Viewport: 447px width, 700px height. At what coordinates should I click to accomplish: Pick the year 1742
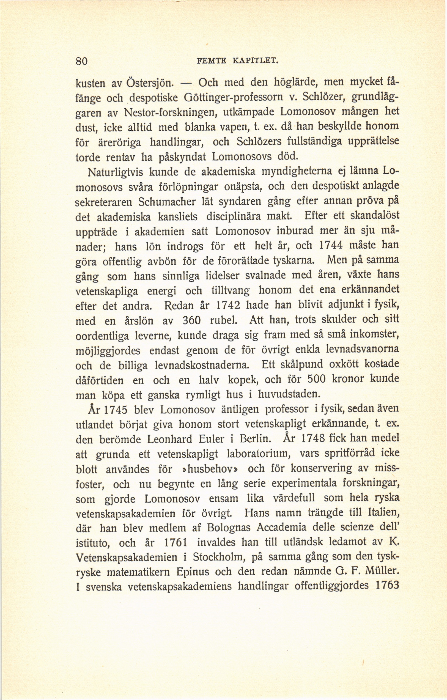coord(228,306)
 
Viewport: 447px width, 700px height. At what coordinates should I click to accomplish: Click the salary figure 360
coord(191,321)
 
